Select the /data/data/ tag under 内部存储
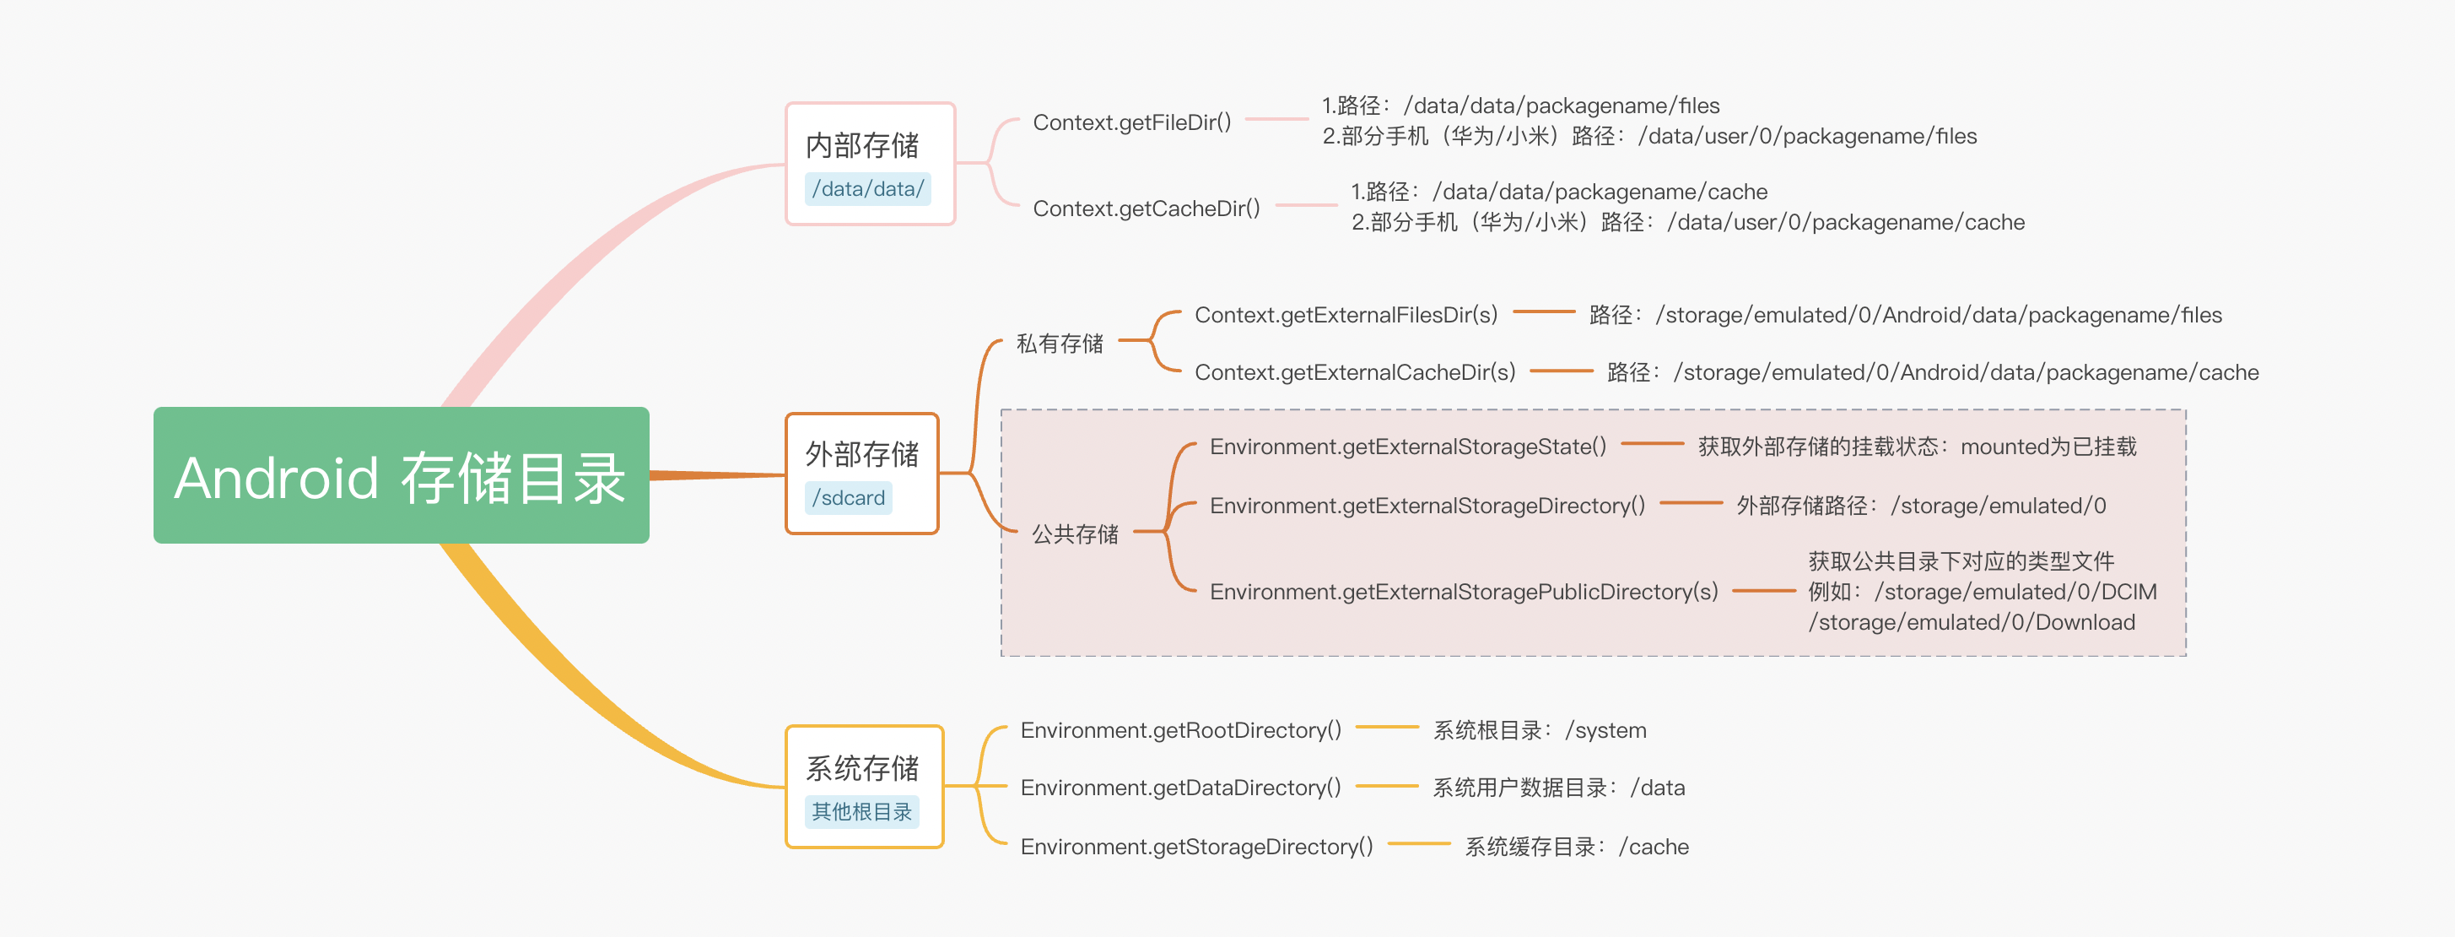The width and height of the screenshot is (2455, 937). click(x=867, y=189)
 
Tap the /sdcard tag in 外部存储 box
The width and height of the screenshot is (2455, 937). click(x=848, y=497)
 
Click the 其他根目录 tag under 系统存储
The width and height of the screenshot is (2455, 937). click(x=861, y=811)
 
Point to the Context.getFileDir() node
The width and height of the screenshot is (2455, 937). click(x=1132, y=122)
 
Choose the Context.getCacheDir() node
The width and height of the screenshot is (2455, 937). click(x=1147, y=208)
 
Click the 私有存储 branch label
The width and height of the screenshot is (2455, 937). click(x=1059, y=344)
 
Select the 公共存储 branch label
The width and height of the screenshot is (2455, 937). click(x=1074, y=533)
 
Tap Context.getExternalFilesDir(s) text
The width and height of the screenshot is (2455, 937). click(x=1346, y=315)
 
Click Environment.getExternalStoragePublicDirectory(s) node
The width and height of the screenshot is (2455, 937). click(x=1464, y=591)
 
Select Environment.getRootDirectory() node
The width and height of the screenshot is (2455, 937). click(x=1181, y=730)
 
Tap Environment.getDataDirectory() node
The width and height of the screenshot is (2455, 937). click(x=1181, y=788)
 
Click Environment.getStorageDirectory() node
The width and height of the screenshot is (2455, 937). click(x=1196, y=847)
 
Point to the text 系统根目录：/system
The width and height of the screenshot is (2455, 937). click(x=1539, y=730)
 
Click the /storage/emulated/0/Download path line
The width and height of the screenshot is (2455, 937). click(x=1971, y=622)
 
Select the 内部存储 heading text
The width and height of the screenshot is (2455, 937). click(x=861, y=145)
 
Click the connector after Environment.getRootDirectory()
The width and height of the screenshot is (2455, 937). click(x=1387, y=728)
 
